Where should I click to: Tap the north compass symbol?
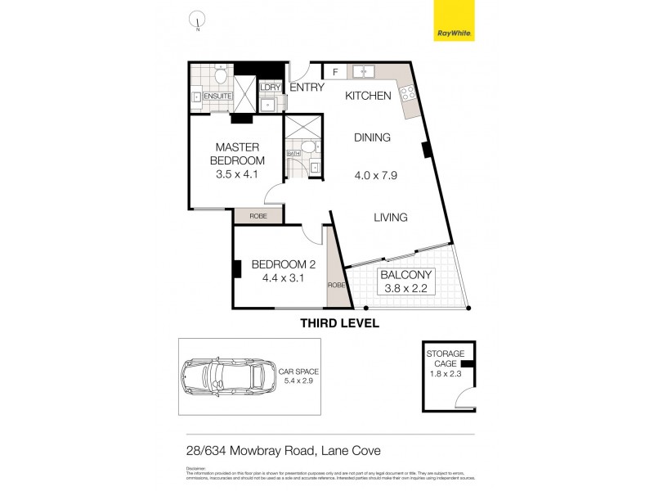195,20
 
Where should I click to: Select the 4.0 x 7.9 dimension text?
376,175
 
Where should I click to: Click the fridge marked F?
335,72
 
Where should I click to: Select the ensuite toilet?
220,76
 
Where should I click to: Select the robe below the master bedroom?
258,216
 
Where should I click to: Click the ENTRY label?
307,88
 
